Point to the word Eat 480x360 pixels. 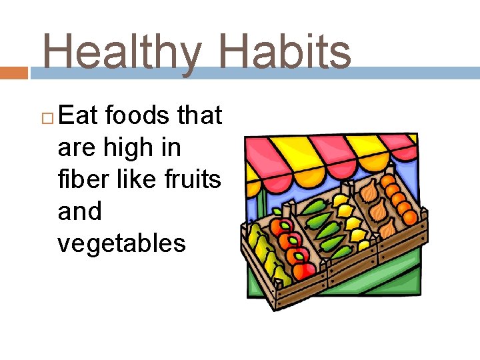point(78,115)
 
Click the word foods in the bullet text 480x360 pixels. point(137,115)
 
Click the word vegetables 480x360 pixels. point(121,244)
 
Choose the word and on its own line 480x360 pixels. point(79,212)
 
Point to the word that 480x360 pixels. point(199,115)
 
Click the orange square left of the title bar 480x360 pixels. point(14,73)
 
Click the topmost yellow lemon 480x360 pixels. point(340,199)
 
